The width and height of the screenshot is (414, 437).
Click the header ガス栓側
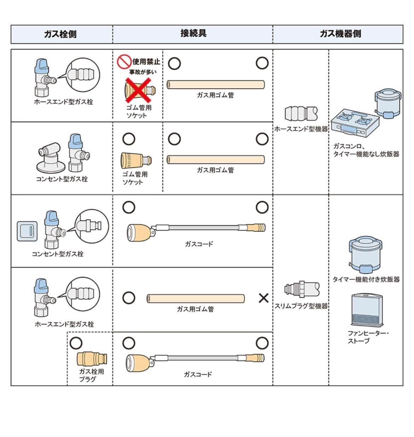(x=60, y=34)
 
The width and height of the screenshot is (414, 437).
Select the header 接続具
(x=193, y=34)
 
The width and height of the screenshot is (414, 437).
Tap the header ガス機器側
(x=340, y=34)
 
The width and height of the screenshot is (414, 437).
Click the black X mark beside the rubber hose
(x=263, y=298)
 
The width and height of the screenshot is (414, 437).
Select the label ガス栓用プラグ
(x=91, y=375)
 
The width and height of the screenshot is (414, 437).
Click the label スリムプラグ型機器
(x=301, y=306)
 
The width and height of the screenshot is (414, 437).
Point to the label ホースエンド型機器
(x=301, y=129)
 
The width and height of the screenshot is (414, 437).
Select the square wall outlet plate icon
(x=27, y=231)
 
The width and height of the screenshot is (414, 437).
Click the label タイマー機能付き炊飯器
(x=366, y=279)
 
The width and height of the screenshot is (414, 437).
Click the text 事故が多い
(x=143, y=72)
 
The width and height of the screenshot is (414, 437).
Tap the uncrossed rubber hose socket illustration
(x=136, y=161)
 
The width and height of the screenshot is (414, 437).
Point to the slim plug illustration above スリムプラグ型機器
(x=302, y=289)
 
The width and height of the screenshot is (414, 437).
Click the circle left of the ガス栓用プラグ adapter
(x=76, y=342)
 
